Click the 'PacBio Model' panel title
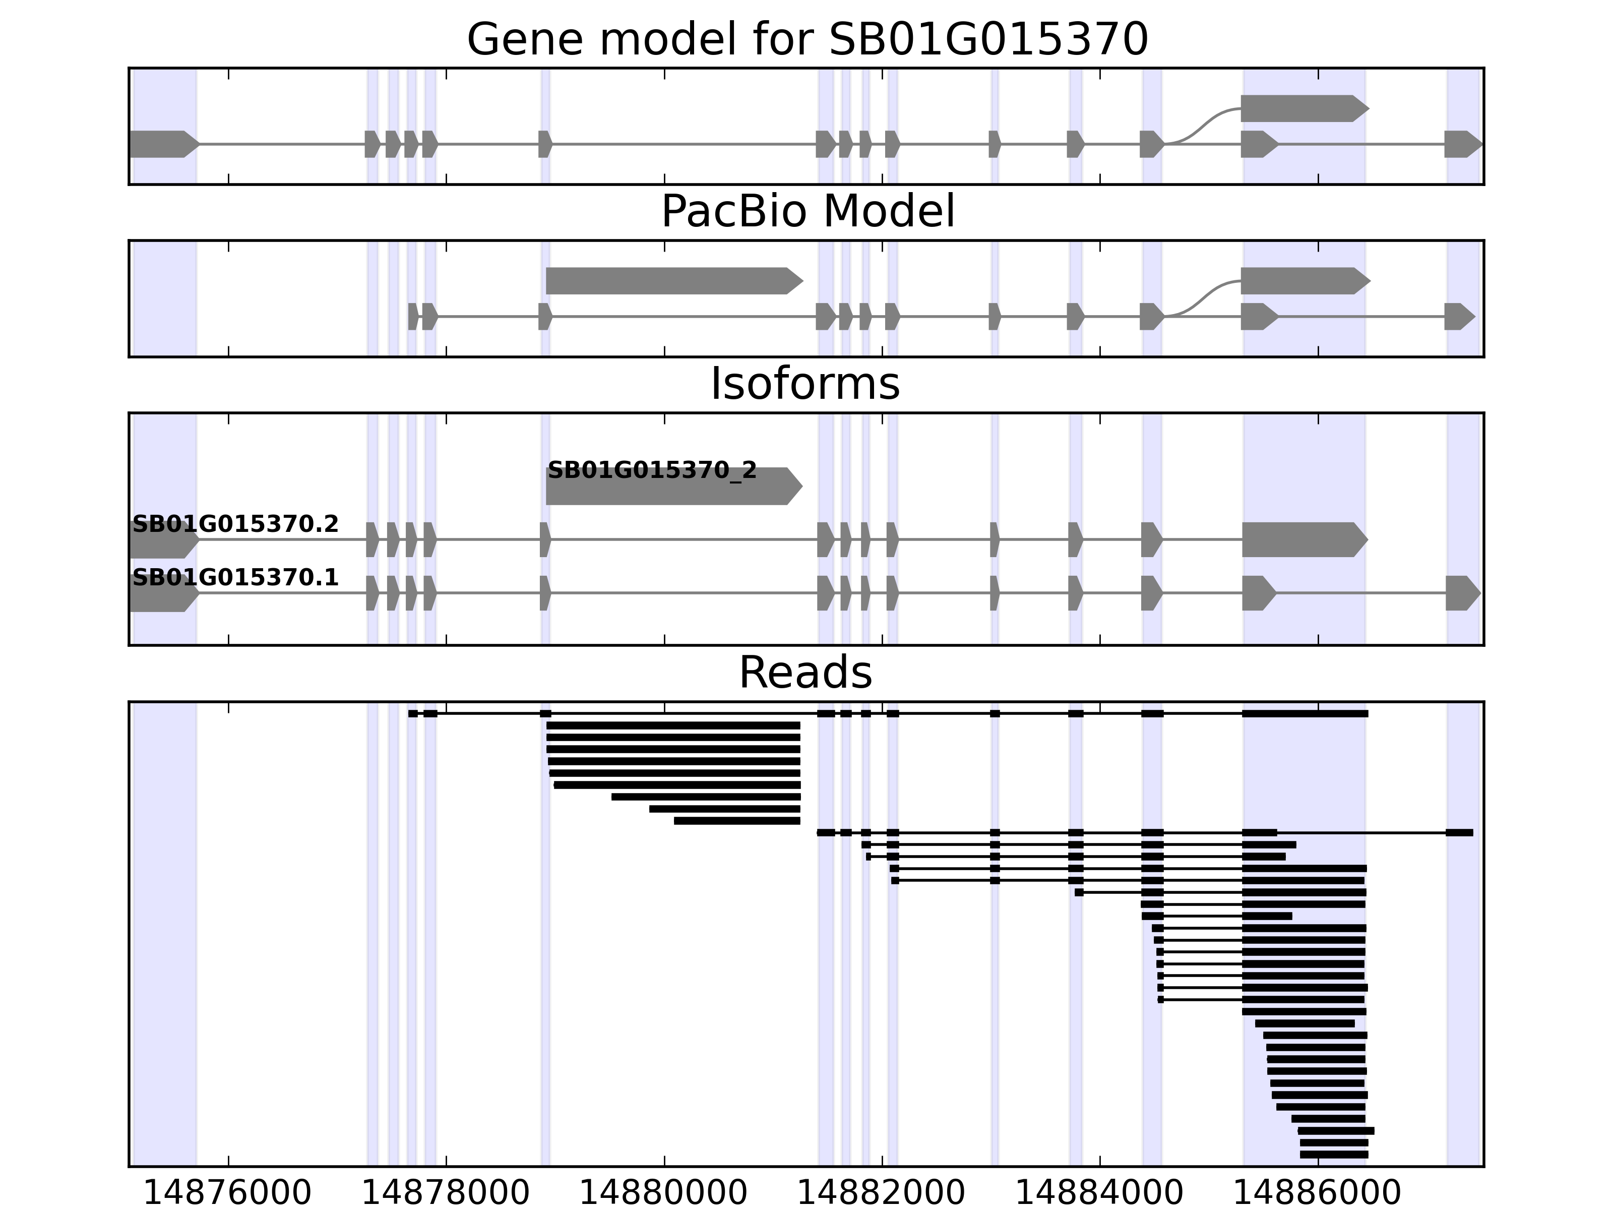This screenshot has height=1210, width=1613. click(806, 212)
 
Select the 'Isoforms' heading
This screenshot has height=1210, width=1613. click(805, 384)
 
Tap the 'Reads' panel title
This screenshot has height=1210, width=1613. click(805, 673)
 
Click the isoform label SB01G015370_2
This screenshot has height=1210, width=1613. click(652, 470)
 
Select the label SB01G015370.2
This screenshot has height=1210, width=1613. click(235, 524)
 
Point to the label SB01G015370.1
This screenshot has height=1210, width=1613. click(235, 578)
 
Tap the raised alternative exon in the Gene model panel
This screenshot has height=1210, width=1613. click(1301, 109)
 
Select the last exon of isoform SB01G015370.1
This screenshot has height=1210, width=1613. click(1461, 593)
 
